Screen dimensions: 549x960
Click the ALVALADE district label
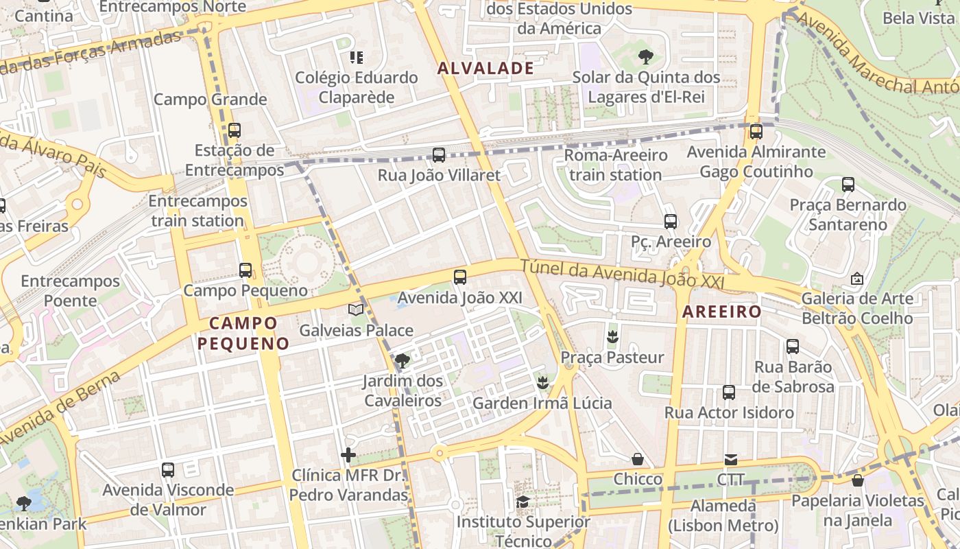[485, 68]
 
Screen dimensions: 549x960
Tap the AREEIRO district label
[721, 312]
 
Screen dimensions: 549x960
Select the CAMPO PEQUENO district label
[243, 333]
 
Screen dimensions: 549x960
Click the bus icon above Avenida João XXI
[460, 277]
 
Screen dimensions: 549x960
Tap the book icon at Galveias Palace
[355, 310]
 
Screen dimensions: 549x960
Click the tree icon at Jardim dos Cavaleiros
[403, 360]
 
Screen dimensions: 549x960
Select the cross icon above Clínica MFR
[348, 454]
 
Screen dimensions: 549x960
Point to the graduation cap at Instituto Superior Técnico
[523, 502]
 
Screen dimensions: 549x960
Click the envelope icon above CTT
[731, 459]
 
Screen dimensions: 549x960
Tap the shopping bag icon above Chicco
[638, 458]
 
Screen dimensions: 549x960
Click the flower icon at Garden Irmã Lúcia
[542, 382]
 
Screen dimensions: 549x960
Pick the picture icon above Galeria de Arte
[856, 279]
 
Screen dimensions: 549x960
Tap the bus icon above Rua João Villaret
[439, 155]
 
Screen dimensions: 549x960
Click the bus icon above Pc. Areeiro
[671, 222]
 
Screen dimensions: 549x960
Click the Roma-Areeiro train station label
[615, 165]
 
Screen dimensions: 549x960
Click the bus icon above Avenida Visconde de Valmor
[168, 470]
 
